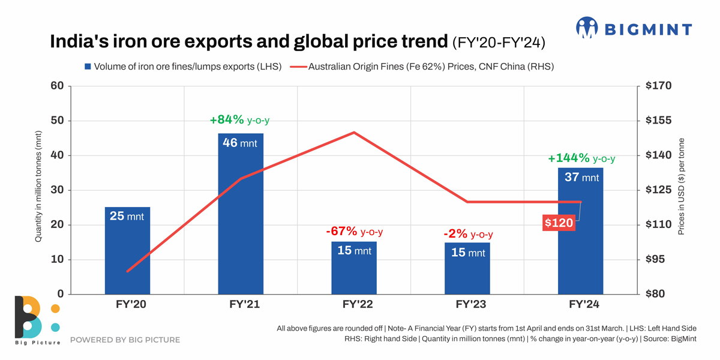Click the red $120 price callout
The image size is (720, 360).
coord(559,223)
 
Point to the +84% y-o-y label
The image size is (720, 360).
coord(239,120)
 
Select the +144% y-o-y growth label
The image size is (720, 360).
coord(581,158)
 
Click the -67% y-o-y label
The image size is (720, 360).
coord(354,232)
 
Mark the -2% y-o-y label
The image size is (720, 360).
coord(467,234)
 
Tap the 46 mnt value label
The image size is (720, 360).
coord(239,143)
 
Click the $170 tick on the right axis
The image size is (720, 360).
coord(659,86)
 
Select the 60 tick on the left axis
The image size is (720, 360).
coord(57,86)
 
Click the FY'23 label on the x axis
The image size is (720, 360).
coord(467,305)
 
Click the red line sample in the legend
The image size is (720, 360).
coord(298,67)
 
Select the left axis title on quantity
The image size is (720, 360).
coord(38,186)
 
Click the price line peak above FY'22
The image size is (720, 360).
coord(354,133)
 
